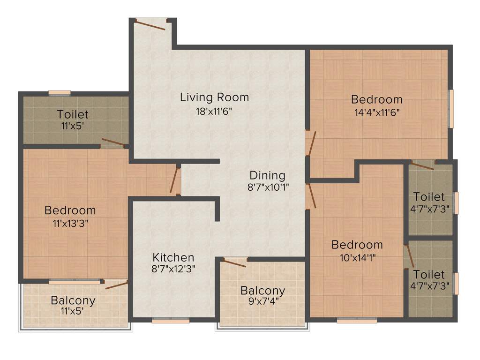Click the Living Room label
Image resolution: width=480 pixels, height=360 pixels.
click(x=214, y=97)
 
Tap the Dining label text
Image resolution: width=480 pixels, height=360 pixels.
click(x=267, y=175)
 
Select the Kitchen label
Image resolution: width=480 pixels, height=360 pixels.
click(x=173, y=257)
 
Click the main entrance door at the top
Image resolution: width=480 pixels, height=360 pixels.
click(x=150, y=23)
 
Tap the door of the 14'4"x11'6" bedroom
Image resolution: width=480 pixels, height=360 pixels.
click(x=310, y=143)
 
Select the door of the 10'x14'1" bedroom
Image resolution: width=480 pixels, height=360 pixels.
click(x=310, y=196)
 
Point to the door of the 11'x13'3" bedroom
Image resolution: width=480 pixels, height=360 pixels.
click(x=175, y=180)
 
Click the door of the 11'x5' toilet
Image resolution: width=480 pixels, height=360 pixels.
click(x=113, y=142)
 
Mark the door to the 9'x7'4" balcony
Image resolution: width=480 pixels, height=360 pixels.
click(x=235, y=262)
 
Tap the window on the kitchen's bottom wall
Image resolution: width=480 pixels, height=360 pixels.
click(x=171, y=321)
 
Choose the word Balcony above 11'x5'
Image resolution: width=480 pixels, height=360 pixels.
click(x=73, y=300)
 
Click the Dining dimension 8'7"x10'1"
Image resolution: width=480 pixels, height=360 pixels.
click(x=267, y=187)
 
